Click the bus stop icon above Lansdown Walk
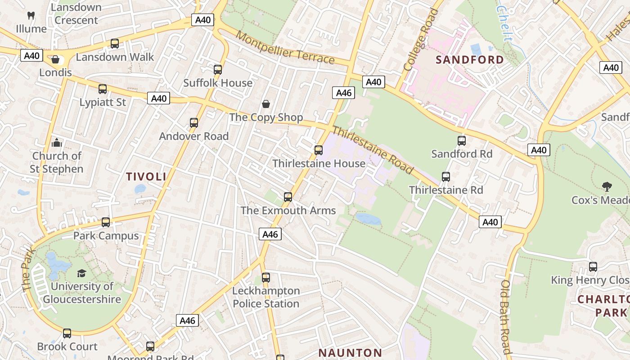click(115, 44)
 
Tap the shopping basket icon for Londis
click(55, 59)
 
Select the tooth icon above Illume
click(31, 15)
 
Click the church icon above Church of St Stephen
click(57, 143)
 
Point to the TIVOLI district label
click(146, 177)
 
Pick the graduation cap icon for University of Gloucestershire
click(81, 273)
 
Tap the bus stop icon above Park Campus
click(106, 222)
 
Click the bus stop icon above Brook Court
click(67, 333)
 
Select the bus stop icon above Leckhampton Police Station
click(266, 278)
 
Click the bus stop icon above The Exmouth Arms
click(288, 197)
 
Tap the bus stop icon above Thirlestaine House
click(319, 150)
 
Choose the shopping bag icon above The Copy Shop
click(266, 104)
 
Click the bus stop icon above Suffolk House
click(218, 70)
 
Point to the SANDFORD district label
click(470, 60)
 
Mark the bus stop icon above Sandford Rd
click(462, 141)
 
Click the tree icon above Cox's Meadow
click(607, 186)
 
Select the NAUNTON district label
click(350, 353)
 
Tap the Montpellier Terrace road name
click(285, 48)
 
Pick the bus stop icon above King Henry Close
click(593, 267)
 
